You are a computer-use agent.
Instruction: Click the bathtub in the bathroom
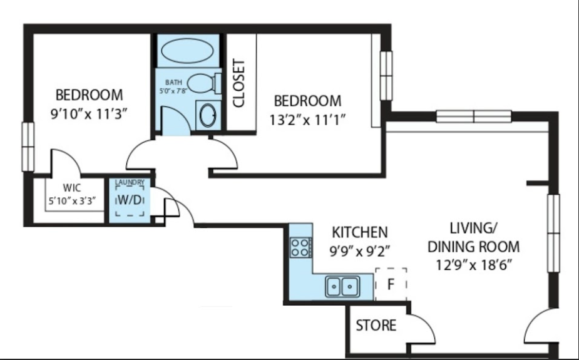[x=187, y=51]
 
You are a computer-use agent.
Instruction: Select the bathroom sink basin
[x=208, y=115]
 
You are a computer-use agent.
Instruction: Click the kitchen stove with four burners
[x=300, y=247]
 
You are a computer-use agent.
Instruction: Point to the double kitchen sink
[x=342, y=286]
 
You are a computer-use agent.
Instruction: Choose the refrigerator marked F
[x=391, y=284]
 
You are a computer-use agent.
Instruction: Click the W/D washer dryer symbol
[x=130, y=200]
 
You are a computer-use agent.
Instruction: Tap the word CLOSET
[x=239, y=83]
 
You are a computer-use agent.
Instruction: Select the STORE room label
[x=376, y=326]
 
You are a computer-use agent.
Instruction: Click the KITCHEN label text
[x=360, y=232]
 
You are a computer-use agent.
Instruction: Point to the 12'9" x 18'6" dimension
[x=474, y=265]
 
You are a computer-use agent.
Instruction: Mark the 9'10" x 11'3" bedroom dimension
[x=89, y=114]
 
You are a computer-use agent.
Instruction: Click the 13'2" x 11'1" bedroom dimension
[x=307, y=120]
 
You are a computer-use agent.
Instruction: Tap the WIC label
[x=72, y=188]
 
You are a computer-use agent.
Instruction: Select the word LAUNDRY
[x=130, y=182]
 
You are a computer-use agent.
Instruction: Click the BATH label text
[x=173, y=82]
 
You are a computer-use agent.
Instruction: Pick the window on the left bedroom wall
[x=28, y=147]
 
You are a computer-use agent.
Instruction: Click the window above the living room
[x=474, y=116]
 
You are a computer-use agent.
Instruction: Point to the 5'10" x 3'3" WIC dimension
[x=73, y=201]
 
